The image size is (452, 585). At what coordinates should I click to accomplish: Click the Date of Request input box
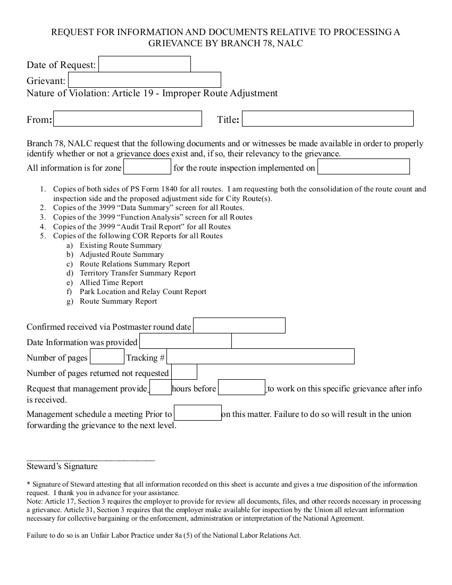[x=144, y=64]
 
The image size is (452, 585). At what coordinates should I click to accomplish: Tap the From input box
[x=128, y=119]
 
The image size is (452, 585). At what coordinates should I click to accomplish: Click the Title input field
[x=328, y=119]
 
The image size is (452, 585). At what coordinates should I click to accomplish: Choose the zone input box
[x=147, y=167]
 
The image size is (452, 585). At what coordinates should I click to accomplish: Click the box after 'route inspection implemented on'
[x=364, y=167]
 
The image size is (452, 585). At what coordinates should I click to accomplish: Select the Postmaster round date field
[x=239, y=325]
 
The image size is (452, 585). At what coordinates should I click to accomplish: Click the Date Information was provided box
[x=185, y=341]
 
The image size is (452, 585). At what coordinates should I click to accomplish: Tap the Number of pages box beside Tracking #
[x=107, y=356]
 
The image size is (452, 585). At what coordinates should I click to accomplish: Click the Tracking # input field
[x=261, y=356]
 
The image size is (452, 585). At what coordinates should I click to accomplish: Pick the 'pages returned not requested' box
[x=184, y=372]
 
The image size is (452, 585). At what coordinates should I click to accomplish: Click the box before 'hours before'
[x=161, y=387]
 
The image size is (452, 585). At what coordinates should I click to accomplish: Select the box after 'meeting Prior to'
[x=198, y=413]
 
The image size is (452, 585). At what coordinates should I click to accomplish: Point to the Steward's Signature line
[x=90, y=459]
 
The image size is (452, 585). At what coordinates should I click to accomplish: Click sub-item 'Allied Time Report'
[x=111, y=282]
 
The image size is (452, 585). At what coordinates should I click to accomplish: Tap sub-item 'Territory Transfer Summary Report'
[x=138, y=273]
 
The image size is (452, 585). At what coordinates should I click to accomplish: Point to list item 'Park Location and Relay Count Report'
[x=143, y=292]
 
